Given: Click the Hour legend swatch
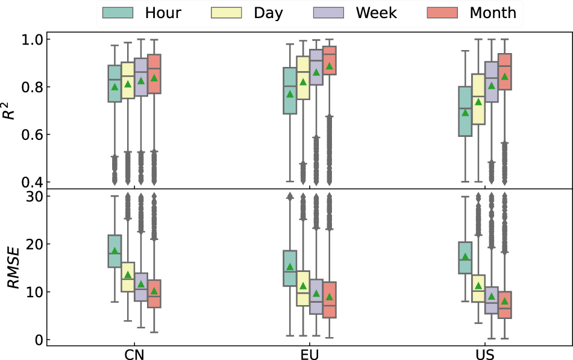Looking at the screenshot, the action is pos(117,13).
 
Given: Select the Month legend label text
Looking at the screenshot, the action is pos(493,13).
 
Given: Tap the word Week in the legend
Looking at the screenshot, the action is pos(376,13).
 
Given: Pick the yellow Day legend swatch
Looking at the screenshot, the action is pos(226,13).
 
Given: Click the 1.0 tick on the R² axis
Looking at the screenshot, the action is pos(33,40).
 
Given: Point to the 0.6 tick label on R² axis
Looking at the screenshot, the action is pos(33,134).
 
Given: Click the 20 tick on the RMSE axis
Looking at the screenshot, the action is pos(34,244).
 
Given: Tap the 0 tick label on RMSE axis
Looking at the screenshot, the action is pos(39,340).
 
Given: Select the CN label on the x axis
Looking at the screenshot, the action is pos(134,355).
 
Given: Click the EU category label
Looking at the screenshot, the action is pos(310,355).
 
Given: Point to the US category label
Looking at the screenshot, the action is pos(485,355).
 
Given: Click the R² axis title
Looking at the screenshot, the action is pos(9,110).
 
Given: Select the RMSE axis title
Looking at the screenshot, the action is pos(13,268).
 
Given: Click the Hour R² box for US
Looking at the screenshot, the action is pos(465,111).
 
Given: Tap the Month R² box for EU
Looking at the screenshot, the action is pos(329,60).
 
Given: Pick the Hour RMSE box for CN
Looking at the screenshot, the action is pos(114,251).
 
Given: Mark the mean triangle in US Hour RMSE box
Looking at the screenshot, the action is pos(465,256).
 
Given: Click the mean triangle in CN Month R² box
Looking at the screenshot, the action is pos(154,78).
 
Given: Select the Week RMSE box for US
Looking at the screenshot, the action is pos(492,300).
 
